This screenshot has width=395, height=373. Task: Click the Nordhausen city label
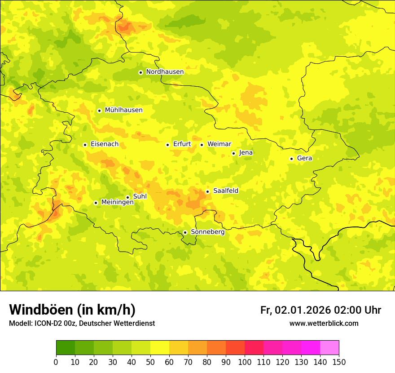165,72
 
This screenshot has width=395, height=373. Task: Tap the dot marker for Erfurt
167,145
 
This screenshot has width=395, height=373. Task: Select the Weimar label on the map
219,144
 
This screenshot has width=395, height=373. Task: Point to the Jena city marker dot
233,153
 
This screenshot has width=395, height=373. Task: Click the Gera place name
304,158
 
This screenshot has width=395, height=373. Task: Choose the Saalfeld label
226,191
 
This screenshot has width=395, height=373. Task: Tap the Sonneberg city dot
185,232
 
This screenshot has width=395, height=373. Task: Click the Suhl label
140,196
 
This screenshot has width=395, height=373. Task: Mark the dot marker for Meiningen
96,203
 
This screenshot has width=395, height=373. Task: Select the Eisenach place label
105,144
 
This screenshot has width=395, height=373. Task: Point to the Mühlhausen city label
123,110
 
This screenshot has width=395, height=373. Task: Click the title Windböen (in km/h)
72,310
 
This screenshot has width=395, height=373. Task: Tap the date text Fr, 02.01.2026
295,310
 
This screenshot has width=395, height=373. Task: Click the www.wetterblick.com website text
324,324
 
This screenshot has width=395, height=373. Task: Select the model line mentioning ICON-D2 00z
82,324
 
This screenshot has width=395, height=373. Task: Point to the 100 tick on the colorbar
245,362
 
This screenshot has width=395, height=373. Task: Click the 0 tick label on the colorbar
56,362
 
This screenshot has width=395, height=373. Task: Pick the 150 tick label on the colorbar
339,362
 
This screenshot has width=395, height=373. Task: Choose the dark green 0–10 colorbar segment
66,348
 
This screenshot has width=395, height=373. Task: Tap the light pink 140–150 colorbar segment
329,348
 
